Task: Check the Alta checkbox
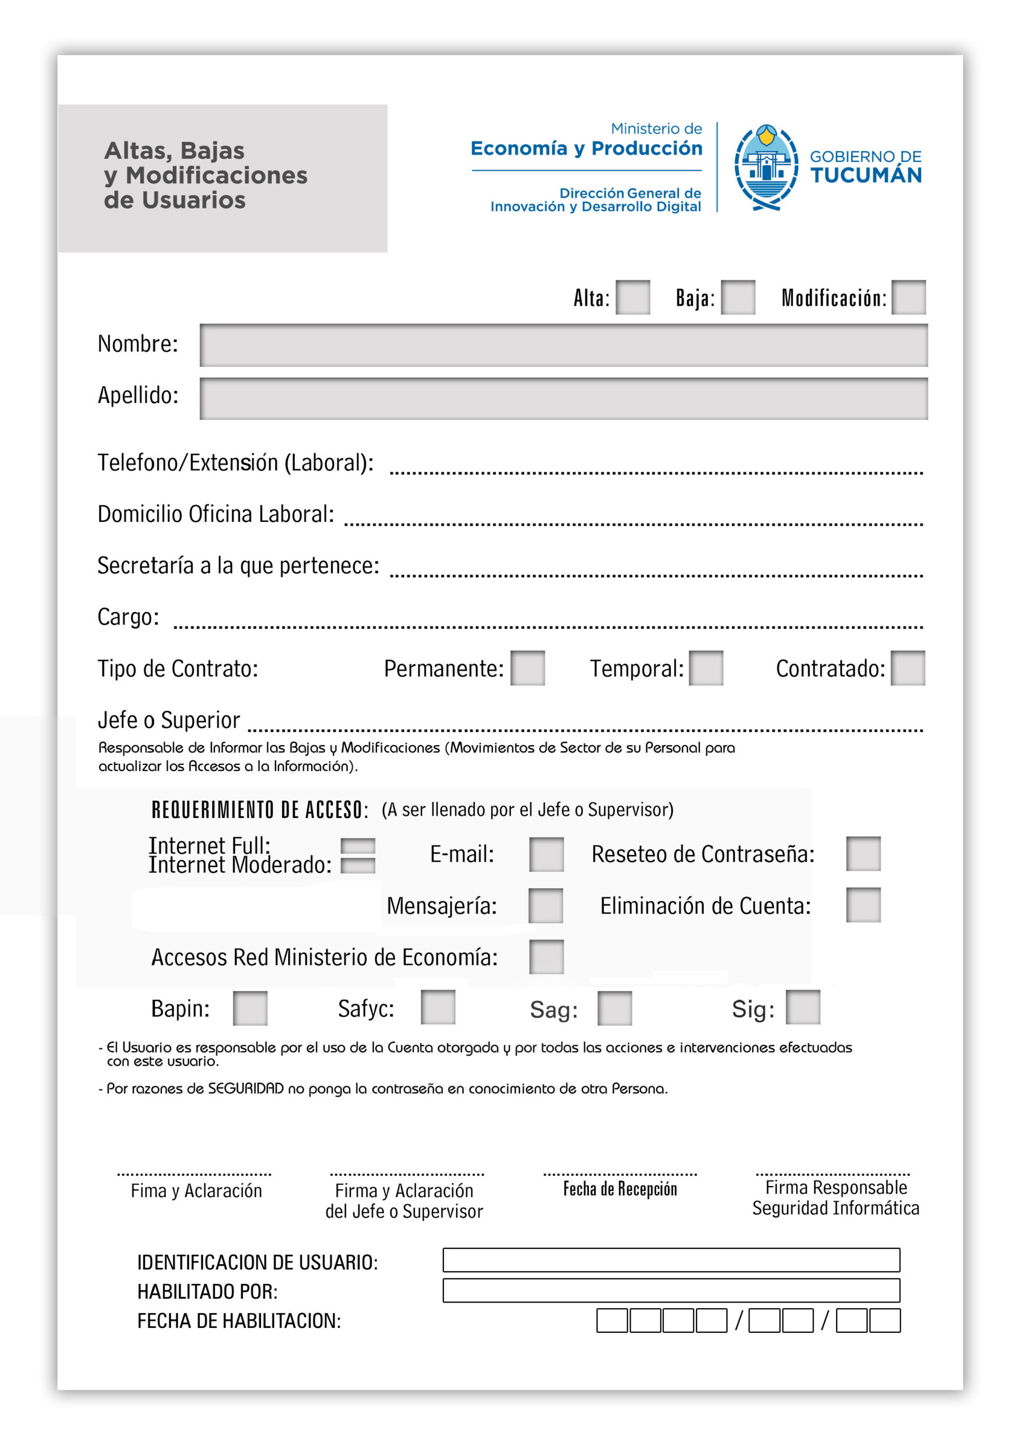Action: tap(632, 298)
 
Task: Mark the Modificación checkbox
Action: tap(909, 298)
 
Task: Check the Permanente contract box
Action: tap(528, 668)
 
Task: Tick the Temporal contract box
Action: tap(706, 668)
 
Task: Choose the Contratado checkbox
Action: tap(908, 668)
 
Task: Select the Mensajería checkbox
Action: tap(546, 906)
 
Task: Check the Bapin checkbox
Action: tap(250, 1009)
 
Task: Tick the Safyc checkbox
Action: tap(438, 1008)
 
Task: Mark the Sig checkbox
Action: tap(803, 1008)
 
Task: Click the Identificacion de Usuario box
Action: tap(671, 1260)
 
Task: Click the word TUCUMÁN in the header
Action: tap(866, 175)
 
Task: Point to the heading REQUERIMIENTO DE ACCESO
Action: tap(259, 810)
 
